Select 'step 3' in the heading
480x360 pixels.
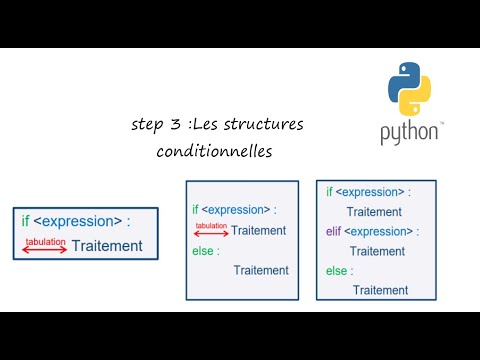[x=152, y=125]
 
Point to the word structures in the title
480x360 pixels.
[x=265, y=125]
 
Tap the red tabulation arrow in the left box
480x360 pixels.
[x=45, y=248]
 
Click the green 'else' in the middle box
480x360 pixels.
[x=203, y=250]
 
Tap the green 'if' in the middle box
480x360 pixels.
[x=195, y=209]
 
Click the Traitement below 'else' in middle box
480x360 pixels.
[x=260, y=270]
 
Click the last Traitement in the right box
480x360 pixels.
[x=380, y=290]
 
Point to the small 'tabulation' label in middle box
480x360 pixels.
[x=210, y=225]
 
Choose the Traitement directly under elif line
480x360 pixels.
[x=377, y=251]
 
